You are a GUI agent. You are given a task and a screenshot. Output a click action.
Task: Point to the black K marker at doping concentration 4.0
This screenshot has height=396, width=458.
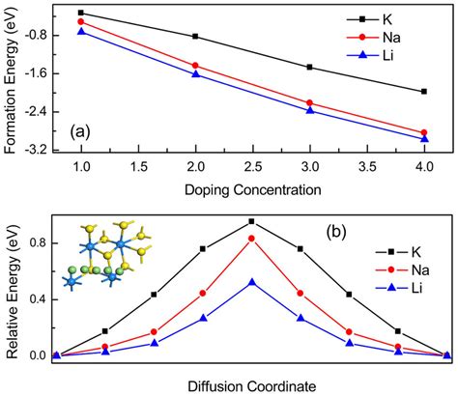tap(424, 92)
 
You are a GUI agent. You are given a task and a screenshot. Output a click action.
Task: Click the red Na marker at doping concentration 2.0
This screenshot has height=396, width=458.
tap(195, 66)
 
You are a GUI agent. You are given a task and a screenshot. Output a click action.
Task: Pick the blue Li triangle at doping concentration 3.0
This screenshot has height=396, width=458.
tap(310, 111)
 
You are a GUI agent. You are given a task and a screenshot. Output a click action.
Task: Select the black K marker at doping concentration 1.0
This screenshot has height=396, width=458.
tap(81, 13)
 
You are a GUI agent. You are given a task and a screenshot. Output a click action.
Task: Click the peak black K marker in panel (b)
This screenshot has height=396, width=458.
tap(251, 221)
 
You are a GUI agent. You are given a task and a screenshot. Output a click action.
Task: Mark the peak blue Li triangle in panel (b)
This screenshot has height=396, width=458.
tap(251, 282)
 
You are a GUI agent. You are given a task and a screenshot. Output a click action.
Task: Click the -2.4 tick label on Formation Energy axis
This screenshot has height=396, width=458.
tap(43, 111)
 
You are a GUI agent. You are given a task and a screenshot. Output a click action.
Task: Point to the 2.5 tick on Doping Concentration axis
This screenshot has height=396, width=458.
tap(253, 167)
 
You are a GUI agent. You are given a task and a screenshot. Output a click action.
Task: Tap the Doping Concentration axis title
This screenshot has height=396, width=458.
tap(253, 188)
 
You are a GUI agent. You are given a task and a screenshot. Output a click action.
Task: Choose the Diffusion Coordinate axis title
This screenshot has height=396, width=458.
tap(253, 385)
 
